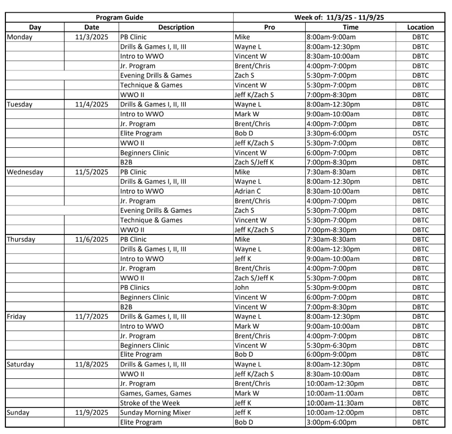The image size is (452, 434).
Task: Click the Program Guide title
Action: pyautogui.click(x=119, y=18)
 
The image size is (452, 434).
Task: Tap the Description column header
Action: pyautogui.click(x=176, y=28)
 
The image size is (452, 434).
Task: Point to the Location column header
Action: pyautogui.click(x=420, y=28)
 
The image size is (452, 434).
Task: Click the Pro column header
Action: pyautogui.click(x=269, y=28)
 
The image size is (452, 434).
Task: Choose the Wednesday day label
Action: pyautogui.click(x=25, y=172)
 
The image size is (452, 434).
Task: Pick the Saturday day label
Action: pyautogui.click(x=22, y=365)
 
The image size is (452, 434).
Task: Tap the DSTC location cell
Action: pyautogui.click(x=420, y=134)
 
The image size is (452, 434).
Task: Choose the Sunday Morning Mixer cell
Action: pyautogui.click(x=155, y=412)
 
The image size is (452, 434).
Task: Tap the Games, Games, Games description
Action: pyautogui.click(x=155, y=393)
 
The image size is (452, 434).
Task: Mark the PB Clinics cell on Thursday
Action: pyautogui.click(x=135, y=287)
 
